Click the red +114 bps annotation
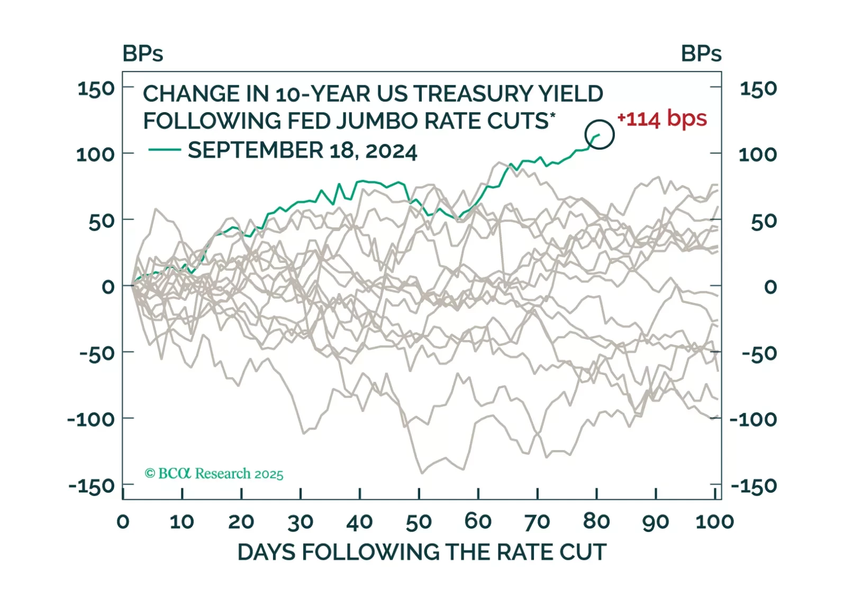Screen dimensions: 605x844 click(x=662, y=118)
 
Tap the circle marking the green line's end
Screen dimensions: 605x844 click(x=600, y=134)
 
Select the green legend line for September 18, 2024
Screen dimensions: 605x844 click(x=165, y=150)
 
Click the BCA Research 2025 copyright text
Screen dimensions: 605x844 click(x=214, y=473)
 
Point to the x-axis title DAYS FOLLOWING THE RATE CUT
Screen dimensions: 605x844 click(x=421, y=552)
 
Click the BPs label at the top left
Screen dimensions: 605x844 click(x=143, y=53)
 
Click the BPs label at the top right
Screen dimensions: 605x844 click(x=701, y=53)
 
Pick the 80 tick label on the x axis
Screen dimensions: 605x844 click(x=596, y=522)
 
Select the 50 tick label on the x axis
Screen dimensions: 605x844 click(x=419, y=522)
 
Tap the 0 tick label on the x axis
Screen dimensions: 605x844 click(x=123, y=522)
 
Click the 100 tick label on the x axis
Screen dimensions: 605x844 click(x=714, y=522)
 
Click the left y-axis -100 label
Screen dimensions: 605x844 click(x=91, y=419)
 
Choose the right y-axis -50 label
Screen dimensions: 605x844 click(x=759, y=353)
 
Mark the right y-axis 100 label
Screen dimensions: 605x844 click(x=758, y=154)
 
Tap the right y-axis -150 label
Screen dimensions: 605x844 click(x=754, y=485)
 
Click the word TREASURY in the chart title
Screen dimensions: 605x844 click(x=473, y=94)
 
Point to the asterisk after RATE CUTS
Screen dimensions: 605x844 click(x=553, y=114)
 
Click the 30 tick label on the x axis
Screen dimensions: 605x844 click(x=300, y=522)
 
